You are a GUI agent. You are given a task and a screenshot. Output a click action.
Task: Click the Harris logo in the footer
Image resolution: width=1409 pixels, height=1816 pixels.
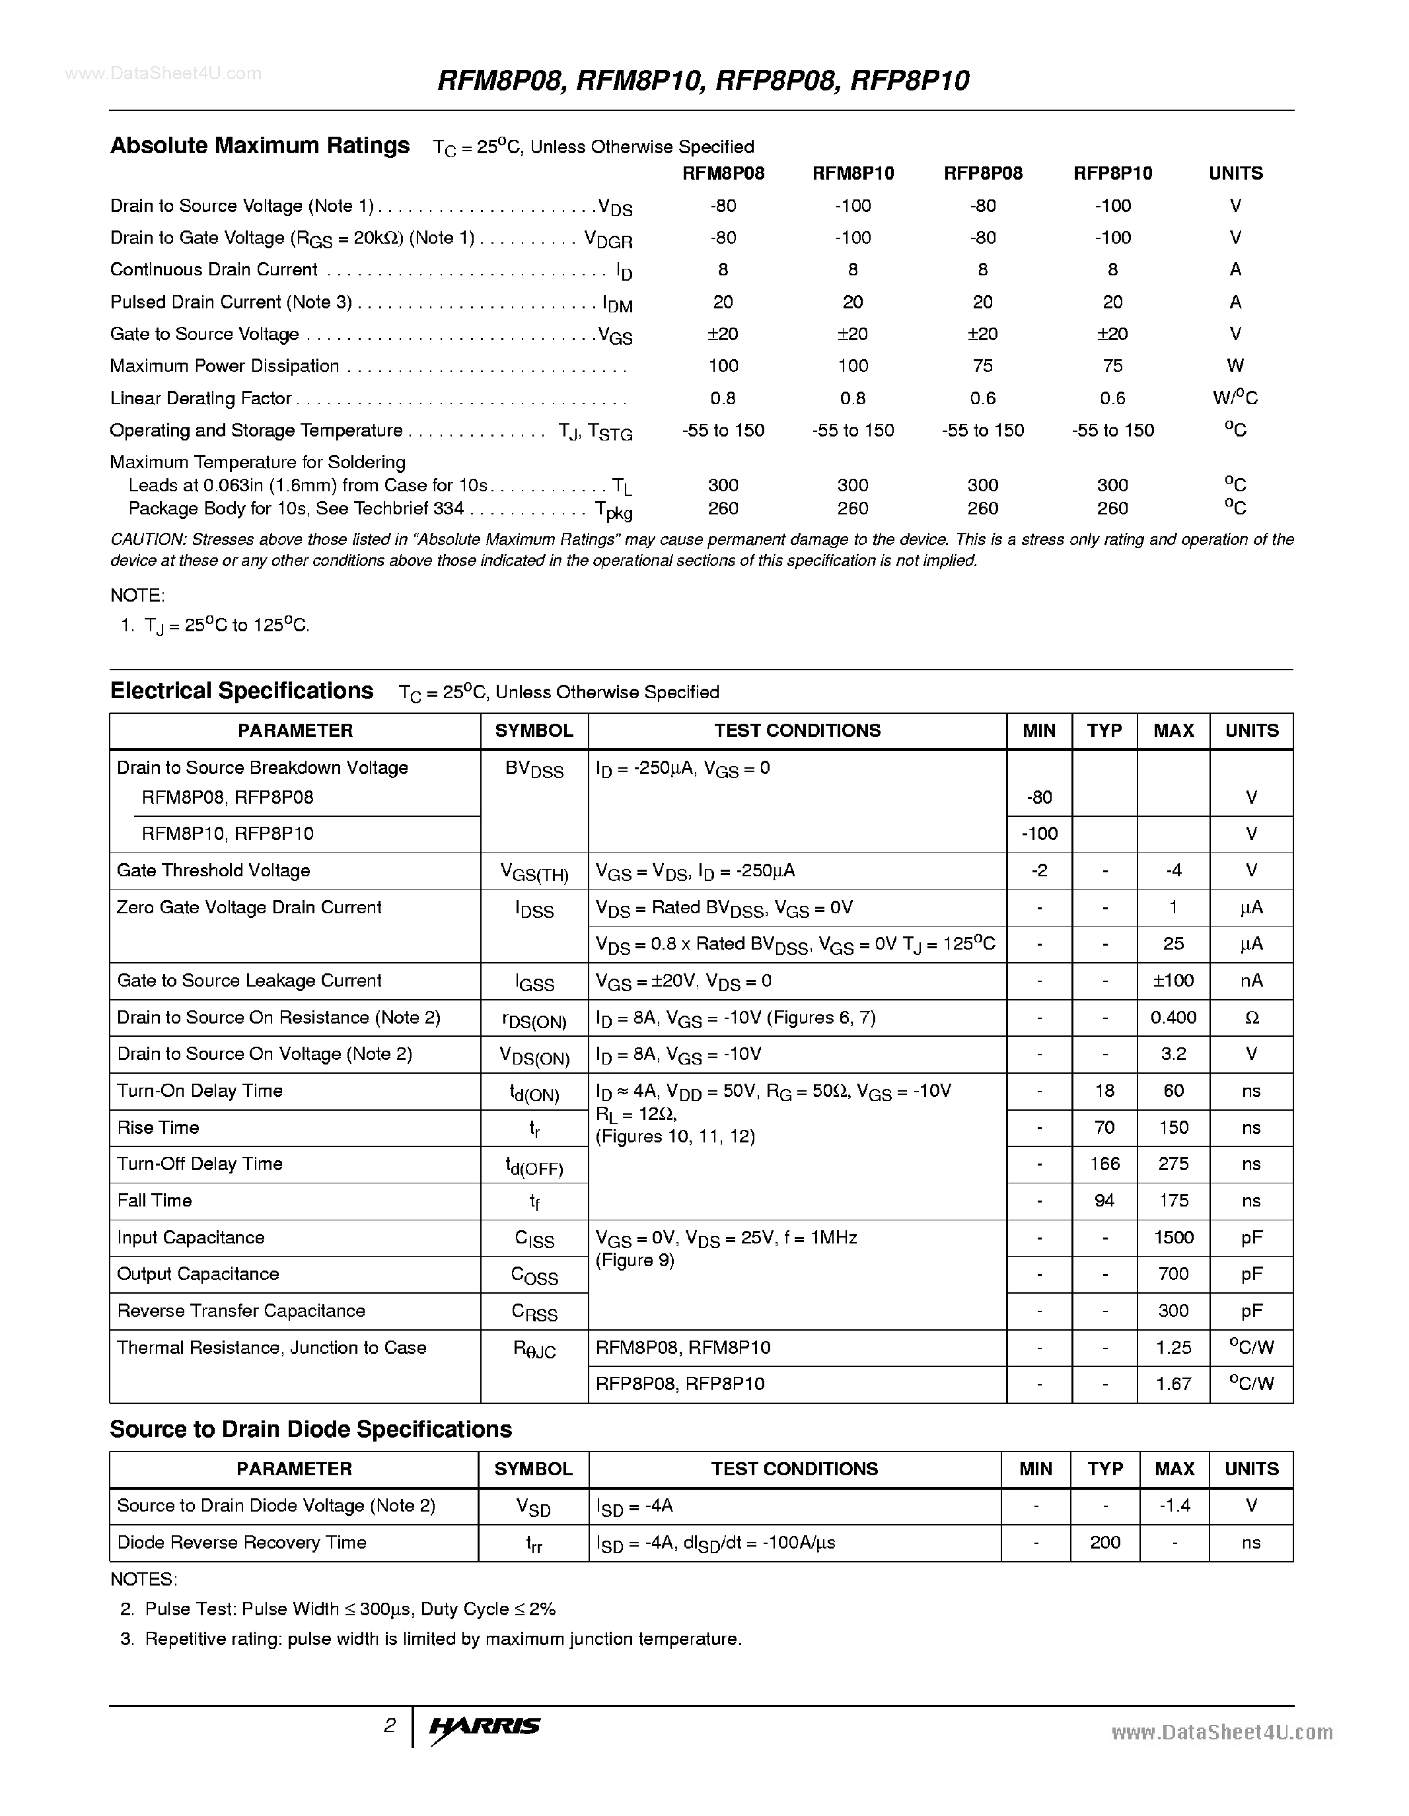[484, 1726]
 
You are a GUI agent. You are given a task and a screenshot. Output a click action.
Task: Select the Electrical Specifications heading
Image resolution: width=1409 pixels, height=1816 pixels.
[241, 691]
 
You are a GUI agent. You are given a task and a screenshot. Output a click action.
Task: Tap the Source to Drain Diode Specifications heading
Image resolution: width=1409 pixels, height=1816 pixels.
[310, 1429]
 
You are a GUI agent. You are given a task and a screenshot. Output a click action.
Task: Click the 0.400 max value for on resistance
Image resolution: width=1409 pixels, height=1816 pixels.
[1173, 1018]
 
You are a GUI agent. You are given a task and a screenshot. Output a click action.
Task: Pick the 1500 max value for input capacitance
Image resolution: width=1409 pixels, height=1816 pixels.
[1173, 1238]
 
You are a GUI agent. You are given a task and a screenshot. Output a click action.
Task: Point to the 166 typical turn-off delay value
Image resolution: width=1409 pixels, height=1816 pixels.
[1104, 1164]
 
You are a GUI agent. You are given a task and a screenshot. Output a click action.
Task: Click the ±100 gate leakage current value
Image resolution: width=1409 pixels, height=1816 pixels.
[1173, 981]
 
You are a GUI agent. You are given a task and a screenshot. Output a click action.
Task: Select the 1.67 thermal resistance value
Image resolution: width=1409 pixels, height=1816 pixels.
[1173, 1383]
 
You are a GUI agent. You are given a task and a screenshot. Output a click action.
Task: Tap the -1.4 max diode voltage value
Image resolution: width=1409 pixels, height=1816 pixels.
[1174, 1506]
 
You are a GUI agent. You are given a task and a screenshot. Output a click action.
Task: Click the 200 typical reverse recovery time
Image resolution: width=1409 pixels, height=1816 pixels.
[1104, 1543]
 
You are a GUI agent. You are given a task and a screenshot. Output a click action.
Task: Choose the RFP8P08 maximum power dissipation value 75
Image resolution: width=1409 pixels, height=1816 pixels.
[982, 366]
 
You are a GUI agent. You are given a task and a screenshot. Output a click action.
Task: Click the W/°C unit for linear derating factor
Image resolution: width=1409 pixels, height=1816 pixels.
[1235, 398]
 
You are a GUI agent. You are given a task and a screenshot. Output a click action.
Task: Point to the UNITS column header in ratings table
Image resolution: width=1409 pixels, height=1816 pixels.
[1235, 174]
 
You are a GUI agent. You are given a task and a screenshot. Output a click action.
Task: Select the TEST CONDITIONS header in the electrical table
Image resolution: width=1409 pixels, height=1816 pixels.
[797, 731]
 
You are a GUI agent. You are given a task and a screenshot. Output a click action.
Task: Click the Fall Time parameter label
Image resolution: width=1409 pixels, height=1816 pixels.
[155, 1201]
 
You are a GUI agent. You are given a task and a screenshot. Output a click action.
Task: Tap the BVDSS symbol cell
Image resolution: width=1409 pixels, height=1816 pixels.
[534, 770]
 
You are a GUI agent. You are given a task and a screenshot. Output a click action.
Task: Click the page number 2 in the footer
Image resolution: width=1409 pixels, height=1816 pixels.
[389, 1726]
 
